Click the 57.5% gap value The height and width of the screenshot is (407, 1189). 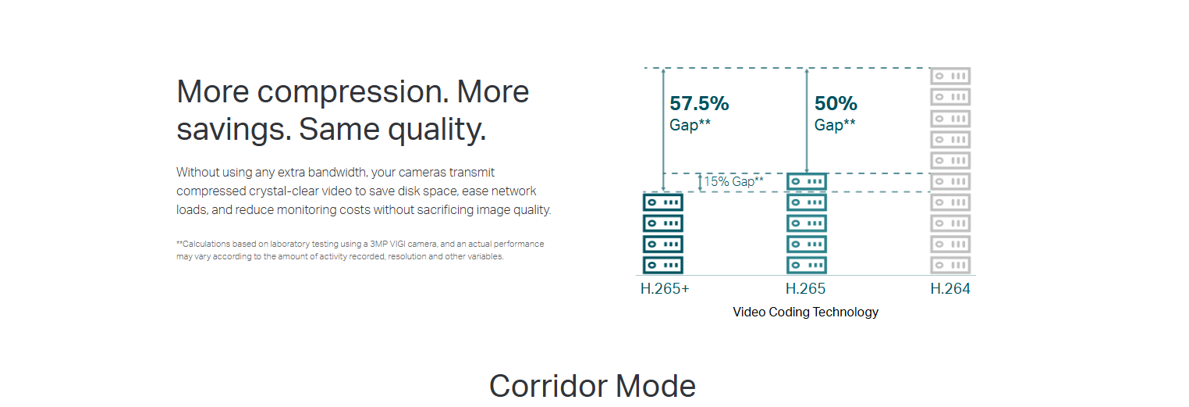(x=699, y=103)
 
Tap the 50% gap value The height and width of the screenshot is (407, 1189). (x=836, y=103)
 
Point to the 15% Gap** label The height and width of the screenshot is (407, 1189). (x=733, y=181)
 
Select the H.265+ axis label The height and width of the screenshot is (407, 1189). (x=665, y=288)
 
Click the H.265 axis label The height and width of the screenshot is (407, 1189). (x=805, y=288)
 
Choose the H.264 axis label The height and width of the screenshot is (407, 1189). (x=950, y=288)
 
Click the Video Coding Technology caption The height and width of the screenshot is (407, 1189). (x=805, y=312)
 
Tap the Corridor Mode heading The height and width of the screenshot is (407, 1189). (x=592, y=386)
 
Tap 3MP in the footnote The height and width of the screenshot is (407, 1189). (x=378, y=244)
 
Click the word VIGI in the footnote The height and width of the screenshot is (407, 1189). (x=398, y=244)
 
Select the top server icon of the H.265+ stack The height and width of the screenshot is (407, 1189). (x=663, y=202)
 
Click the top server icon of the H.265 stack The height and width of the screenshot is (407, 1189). (x=806, y=182)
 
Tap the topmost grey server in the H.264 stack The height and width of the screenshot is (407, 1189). (x=950, y=76)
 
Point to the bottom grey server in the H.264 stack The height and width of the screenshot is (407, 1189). (x=950, y=265)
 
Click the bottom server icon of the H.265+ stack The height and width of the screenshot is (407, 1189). (x=663, y=265)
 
